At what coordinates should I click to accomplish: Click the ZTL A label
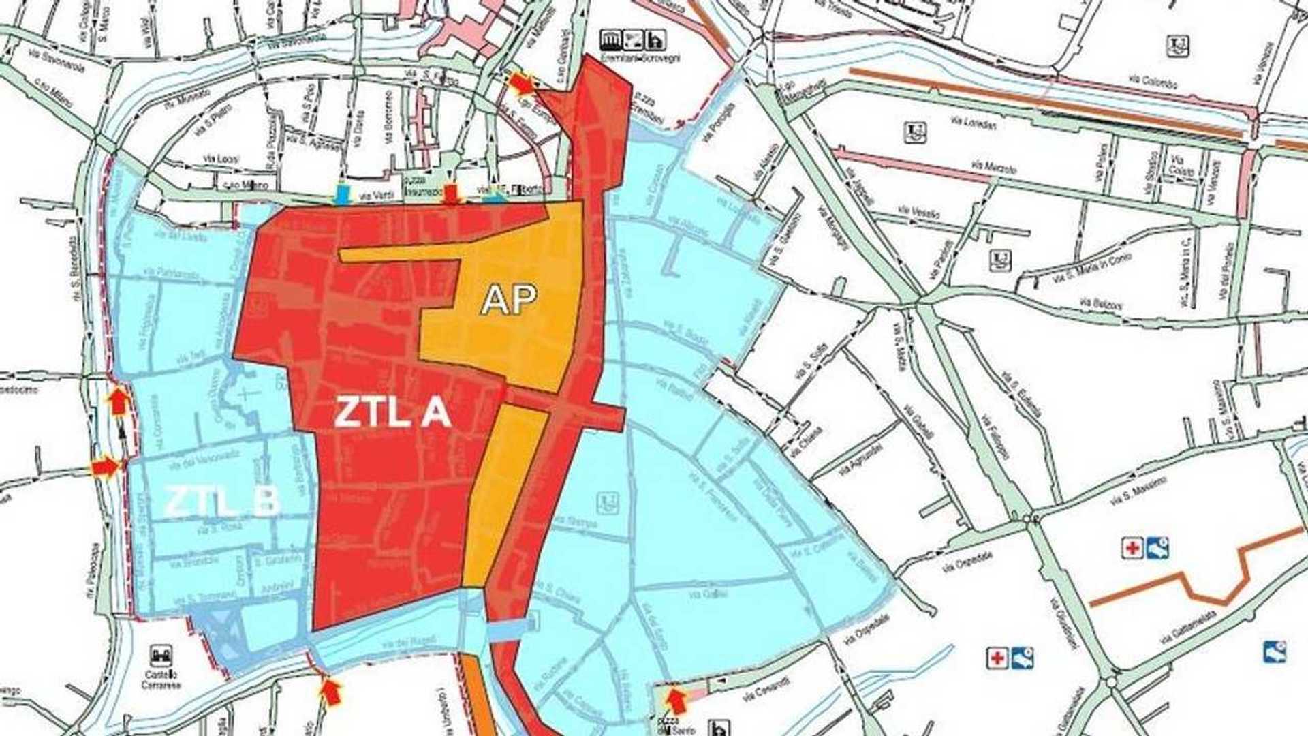[392, 412]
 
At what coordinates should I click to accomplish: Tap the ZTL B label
[222, 502]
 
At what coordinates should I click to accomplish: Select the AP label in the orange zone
[509, 299]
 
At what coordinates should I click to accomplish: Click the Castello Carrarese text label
[161, 679]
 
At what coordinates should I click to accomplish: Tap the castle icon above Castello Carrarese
[161, 656]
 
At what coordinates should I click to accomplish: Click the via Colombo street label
[1159, 83]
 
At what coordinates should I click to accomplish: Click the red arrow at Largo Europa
[522, 84]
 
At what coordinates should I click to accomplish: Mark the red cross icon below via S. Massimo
[1132, 548]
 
